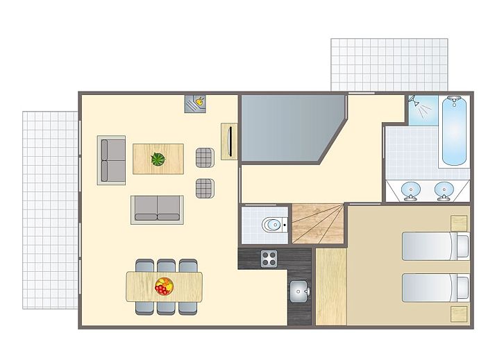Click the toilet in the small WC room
[272, 225]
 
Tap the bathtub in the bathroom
[455, 130]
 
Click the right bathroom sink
[444, 189]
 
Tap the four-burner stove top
[269, 259]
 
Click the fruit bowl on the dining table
[165, 286]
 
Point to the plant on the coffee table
[159, 160]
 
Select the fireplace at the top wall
[195, 103]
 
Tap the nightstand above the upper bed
[460, 223]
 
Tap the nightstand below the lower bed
[460, 314]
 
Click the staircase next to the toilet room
[317, 223]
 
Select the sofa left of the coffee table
[112, 160]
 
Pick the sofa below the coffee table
[157, 209]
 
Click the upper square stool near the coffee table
[204, 157]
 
